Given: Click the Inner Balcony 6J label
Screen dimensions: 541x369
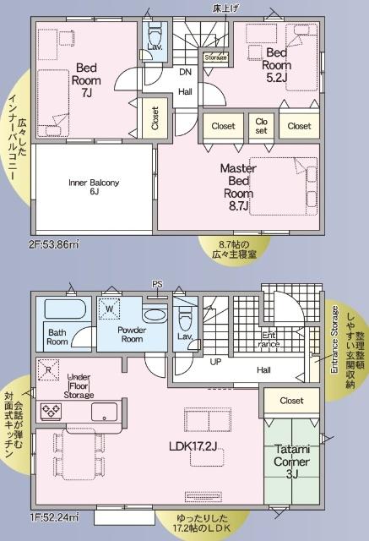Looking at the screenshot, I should pos(94,187).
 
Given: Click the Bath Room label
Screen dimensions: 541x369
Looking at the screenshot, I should pos(58,336).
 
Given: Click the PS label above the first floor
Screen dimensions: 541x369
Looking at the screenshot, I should pos(157,284).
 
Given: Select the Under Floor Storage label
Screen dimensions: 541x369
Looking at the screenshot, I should pos(79,385).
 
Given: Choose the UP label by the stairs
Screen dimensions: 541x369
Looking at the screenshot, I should pos(215,361).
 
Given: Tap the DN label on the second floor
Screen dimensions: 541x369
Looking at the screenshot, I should pos(185,73).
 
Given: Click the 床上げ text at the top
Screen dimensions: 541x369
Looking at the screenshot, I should pos(224,8).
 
